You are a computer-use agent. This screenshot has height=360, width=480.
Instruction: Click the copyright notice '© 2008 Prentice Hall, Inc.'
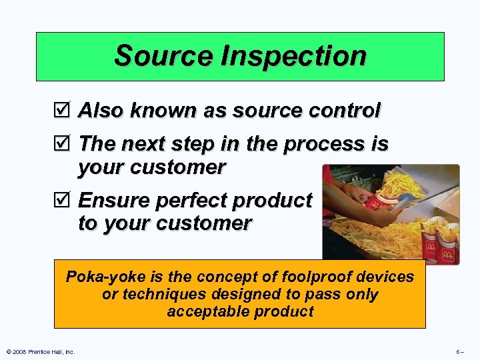pos(40,351)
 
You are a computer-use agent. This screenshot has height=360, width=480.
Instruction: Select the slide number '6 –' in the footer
pos(459,351)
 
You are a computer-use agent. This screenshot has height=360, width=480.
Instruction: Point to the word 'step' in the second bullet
pos(201,144)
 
